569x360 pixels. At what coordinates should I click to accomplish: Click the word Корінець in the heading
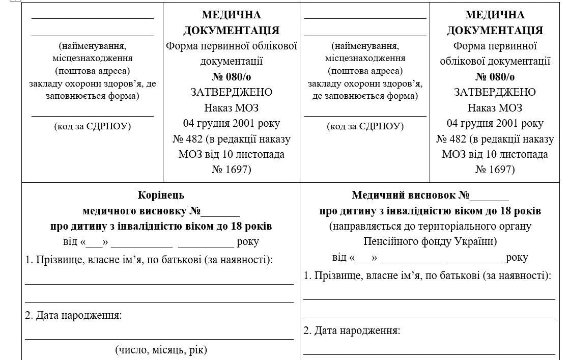pyautogui.click(x=161, y=195)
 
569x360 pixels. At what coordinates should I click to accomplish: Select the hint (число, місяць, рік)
pyautogui.click(x=161, y=350)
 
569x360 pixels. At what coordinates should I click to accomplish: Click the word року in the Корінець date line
pyautogui.click(x=248, y=242)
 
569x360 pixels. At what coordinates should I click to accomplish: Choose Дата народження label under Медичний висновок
pyautogui.click(x=352, y=330)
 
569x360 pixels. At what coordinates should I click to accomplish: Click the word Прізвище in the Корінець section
pyautogui.click(x=56, y=260)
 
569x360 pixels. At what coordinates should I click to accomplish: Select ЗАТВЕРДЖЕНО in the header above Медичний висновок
pyautogui.click(x=495, y=92)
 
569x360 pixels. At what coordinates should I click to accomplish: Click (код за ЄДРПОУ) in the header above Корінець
pyautogui.click(x=93, y=126)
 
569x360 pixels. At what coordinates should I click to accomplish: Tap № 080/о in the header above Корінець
pyautogui.click(x=231, y=77)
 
